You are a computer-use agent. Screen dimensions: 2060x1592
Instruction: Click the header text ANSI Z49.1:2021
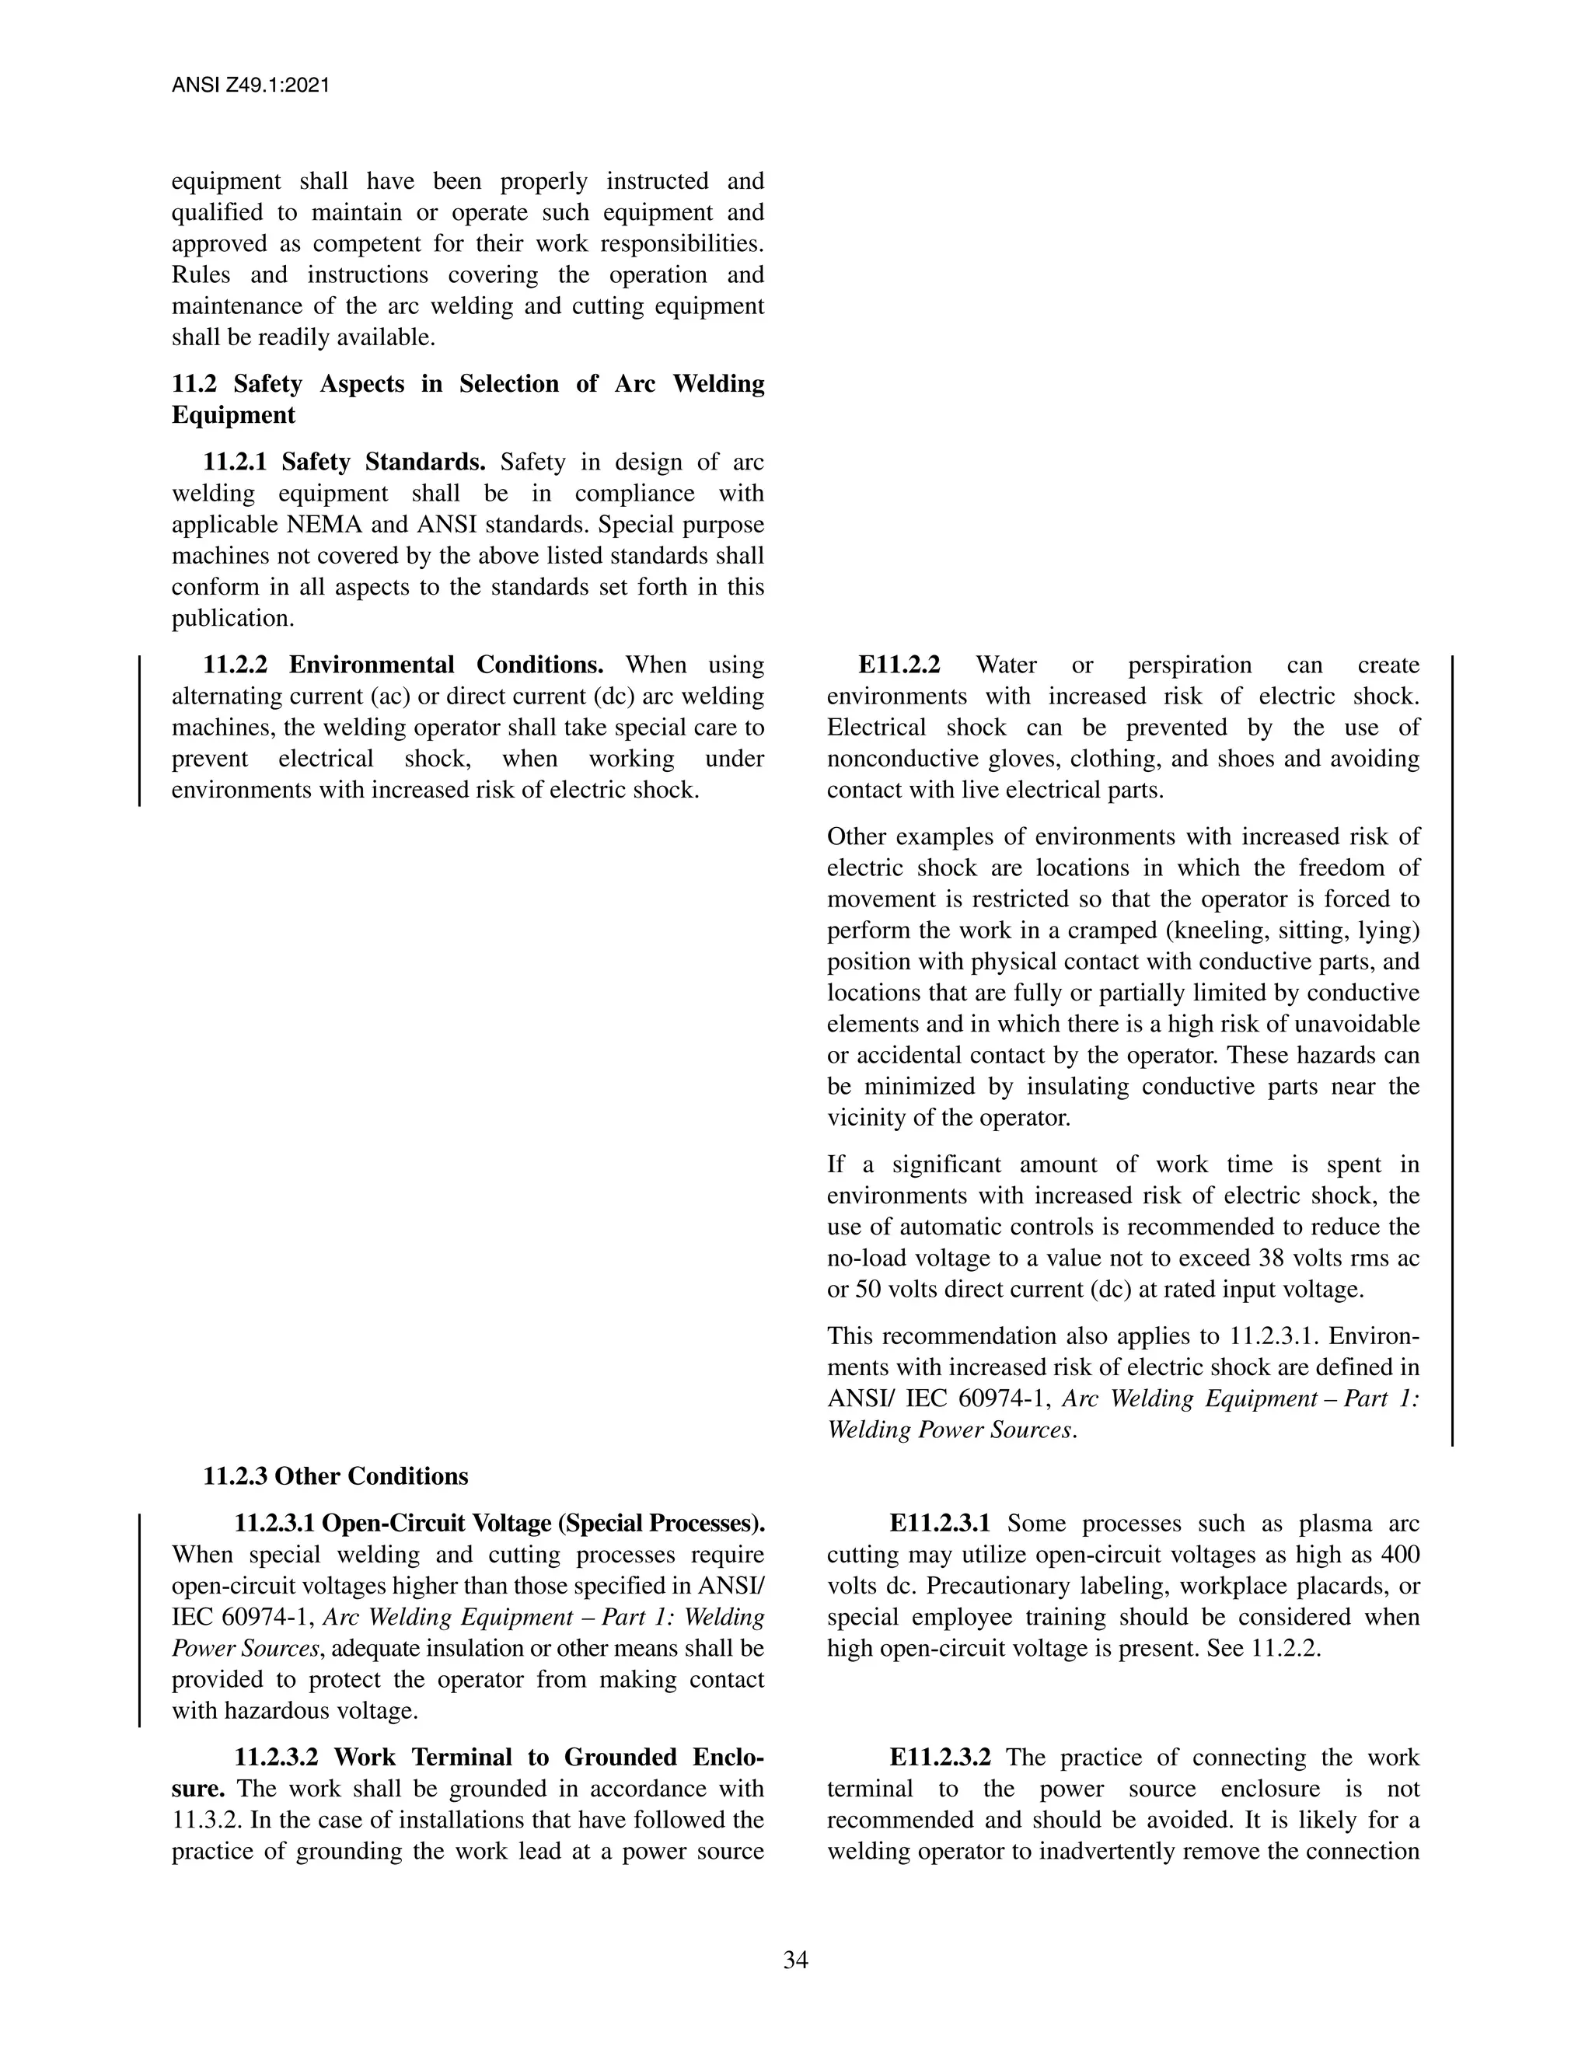[x=250, y=86]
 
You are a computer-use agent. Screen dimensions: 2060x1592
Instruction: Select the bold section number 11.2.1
[x=235, y=463]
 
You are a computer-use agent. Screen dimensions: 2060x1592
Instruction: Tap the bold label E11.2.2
[x=899, y=665]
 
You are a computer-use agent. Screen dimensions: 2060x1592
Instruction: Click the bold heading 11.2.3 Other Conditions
[x=335, y=1476]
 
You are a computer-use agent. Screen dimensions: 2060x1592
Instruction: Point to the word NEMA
[x=319, y=525]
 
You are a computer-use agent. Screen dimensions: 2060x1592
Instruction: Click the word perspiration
[x=1189, y=665]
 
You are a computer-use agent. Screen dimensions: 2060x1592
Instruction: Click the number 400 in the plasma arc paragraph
[x=1399, y=1555]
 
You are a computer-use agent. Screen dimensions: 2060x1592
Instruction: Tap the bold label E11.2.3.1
[x=939, y=1524]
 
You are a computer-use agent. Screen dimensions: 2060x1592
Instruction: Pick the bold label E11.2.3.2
[x=939, y=1758]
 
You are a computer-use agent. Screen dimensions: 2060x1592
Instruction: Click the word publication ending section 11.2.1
[x=231, y=619]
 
